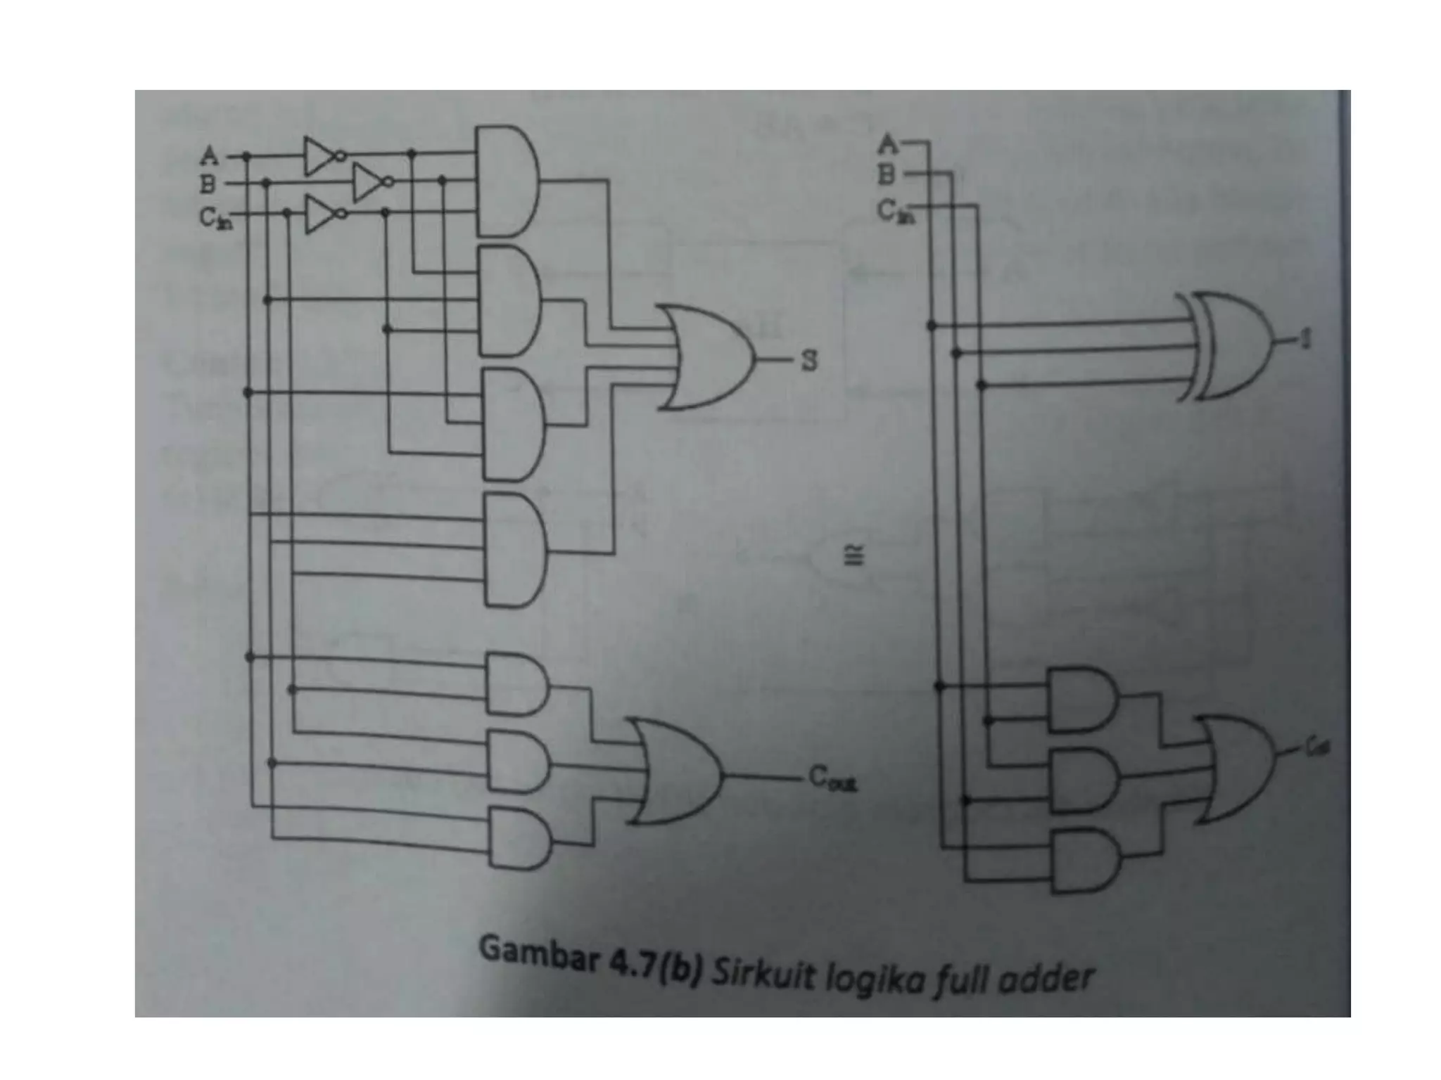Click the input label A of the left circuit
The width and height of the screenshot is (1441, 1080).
pos(209,155)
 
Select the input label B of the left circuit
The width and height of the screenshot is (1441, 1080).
pos(208,185)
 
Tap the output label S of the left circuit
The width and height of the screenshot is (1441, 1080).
pos(810,361)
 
